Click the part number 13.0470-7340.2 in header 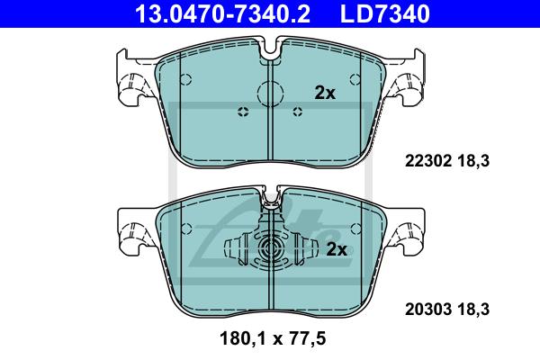coord(222,13)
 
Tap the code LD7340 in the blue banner coord(384,13)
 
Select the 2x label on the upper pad coord(325,93)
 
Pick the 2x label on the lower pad coord(337,249)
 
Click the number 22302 coord(428,161)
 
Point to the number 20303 coord(428,309)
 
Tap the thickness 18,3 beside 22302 coord(473,161)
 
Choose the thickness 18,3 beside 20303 coord(473,309)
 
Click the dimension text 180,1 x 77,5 coord(273,338)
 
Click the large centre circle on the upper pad coord(271,94)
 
